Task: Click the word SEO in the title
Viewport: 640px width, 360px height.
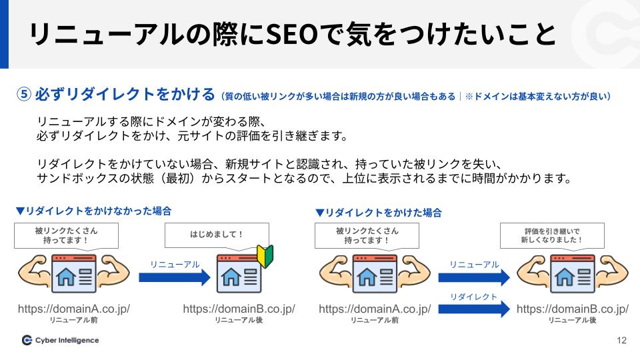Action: (x=292, y=34)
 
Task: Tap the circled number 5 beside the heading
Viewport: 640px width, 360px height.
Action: (x=24, y=94)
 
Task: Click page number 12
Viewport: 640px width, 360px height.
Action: (x=621, y=341)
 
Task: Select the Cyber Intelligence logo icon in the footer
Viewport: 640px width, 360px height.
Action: (x=27, y=340)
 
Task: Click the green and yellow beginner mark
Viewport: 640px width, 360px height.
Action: (x=265, y=256)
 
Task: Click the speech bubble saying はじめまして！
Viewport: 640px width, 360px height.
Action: (x=217, y=235)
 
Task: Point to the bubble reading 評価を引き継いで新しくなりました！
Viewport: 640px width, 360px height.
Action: (x=552, y=236)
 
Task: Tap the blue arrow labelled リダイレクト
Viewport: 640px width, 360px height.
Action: (x=474, y=309)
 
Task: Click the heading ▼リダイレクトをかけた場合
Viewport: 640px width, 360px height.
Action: (x=379, y=213)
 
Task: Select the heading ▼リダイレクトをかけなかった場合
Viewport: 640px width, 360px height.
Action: (x=94, y=211)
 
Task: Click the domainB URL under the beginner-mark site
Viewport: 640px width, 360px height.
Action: (x=239, y=309)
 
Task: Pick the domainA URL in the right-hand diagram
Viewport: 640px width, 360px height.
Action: (x=375, y=309)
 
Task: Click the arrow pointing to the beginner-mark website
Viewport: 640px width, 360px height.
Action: (x=175, y=277)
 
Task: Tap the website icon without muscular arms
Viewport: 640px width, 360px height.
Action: (x=239, y=273)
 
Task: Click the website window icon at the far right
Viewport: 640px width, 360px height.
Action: (x=572, y=273)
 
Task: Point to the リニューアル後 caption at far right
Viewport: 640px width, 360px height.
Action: (x=572, y=321)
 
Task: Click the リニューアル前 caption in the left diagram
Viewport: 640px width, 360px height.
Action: (x=73, y=321)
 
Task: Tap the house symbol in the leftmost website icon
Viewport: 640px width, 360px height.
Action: (x=66, y=277)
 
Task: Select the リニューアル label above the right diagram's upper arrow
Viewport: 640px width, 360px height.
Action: (x=474, y=265)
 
